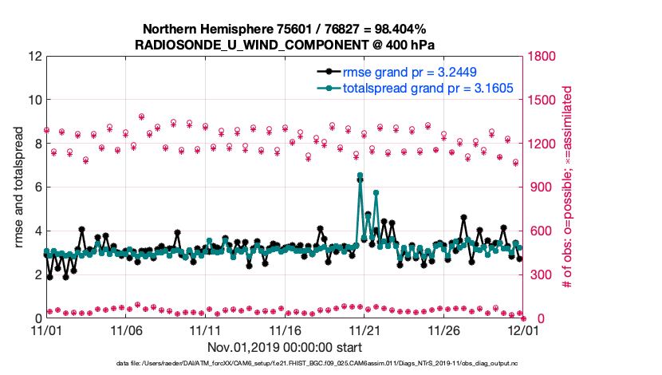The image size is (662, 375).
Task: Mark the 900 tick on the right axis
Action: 542,187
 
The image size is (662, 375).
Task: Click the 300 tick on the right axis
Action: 542,274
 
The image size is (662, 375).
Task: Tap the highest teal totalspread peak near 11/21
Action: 360,176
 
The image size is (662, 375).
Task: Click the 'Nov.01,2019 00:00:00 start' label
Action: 285,347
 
